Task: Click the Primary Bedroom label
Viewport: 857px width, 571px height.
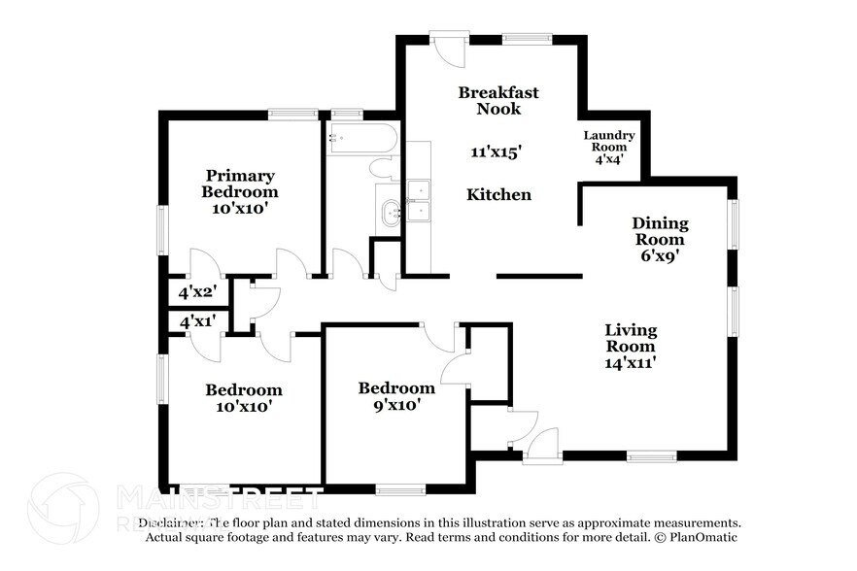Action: tap(240, 184)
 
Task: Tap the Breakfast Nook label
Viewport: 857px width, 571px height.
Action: tap(498, 100)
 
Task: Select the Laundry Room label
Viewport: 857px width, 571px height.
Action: tap(609, 142)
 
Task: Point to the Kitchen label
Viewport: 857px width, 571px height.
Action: tap(498, 195)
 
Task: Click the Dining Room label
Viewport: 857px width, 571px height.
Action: tap(659, 231)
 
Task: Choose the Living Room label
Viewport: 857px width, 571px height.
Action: tap(631, 338)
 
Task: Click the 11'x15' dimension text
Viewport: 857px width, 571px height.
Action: tap(497, 151)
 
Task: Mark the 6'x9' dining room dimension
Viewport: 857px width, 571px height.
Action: tap(657, 257)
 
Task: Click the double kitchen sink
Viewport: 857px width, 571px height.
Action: tap(420, 201)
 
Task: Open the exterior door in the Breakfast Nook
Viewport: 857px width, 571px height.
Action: tap(449, 49)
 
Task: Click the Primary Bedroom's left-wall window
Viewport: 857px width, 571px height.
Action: tap(162, 230)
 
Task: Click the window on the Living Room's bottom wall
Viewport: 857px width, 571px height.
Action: tap(651, 455)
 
